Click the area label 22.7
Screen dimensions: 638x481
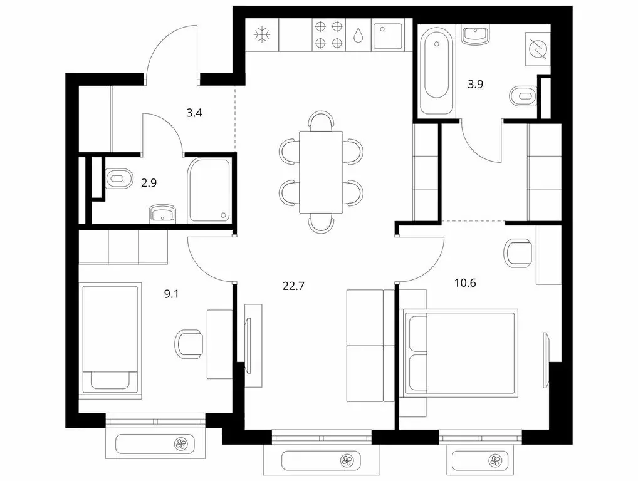pyautogui.click(x=293, y=286)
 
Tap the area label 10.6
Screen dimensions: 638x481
pyautogui.click(x=465, y=283)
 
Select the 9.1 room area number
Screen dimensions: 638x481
pyautogui.click(x=171, y=294)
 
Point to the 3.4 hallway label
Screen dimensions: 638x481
pyautogui.click(x=194, y=113)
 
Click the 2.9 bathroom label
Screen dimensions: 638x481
pyautogui.click(x=149, y=183)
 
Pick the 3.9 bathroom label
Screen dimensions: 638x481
pyautogui.click(x=475, y=85)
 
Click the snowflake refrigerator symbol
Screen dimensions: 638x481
pyautogui.click(x=262, y=35)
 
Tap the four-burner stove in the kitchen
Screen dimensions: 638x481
pyautogui.click(x=329, y=35)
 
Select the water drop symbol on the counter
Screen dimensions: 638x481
pyautogui.click(x=358, y=35)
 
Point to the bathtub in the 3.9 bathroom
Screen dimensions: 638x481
pyautogui.click(x=436, y=70)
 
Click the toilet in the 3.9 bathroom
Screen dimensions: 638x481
pyautogui.click(x=524, y=96)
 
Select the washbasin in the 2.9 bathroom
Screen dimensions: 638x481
pyautogui.click(x=163, y=214)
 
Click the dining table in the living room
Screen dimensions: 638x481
pyautogui.click(x=321, y=172)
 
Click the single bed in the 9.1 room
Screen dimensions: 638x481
pyautogui.click(x=110, y=341)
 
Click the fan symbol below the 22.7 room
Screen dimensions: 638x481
pyautogui.click(x=347, y=461)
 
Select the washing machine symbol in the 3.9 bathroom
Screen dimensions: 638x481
pyautogui.click(x=538, y=49)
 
